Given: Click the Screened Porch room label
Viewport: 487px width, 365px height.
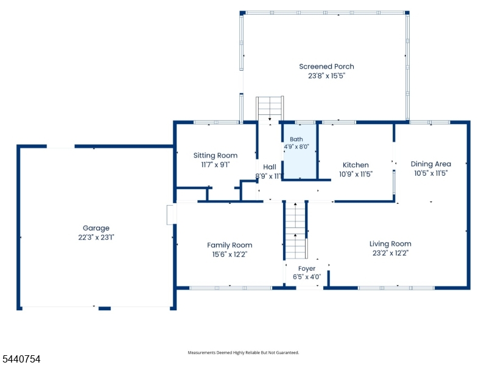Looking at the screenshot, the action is click(x=326, y=66).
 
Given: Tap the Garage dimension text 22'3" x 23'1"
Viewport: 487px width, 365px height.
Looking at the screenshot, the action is click(x=96, y=237).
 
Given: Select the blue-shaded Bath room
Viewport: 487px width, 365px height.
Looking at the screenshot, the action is click(x=300, y=151).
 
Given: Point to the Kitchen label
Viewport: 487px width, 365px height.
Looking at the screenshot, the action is click(x=356, y=165).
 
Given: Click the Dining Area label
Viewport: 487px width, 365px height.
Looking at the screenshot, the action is click(x=431, y=164).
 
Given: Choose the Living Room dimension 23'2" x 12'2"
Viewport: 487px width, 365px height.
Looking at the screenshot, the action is click(x=390, y=253).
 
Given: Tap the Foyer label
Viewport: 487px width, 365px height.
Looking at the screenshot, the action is click(x=307, y=269).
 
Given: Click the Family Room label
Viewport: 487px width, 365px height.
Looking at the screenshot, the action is click(x=229, y=245).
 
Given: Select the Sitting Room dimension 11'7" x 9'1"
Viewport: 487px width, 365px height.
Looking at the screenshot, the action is click(x=215, y=164).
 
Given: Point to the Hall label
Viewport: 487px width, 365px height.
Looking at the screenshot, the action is click(x=270, y=167).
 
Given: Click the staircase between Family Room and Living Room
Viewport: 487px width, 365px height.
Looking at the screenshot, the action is click(x=296, y=231).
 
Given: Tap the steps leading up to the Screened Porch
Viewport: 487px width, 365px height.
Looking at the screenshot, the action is click(x=270, y=109).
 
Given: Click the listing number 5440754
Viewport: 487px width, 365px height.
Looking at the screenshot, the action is click(x=21, y=359).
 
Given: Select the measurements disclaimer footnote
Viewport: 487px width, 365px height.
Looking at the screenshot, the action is click(x=243, y=353).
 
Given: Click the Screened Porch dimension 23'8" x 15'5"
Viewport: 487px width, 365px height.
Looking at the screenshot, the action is click(x=326, y=75).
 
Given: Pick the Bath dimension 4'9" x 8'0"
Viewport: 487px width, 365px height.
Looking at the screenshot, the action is click(x=296, y=147).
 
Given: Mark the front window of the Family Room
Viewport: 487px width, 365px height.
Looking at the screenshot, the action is click(x=231, y=288).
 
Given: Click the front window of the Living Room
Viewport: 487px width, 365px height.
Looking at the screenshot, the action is click(x=396, y=288).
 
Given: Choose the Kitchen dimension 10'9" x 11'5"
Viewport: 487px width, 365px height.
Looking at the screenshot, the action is click(x=356, y=174).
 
